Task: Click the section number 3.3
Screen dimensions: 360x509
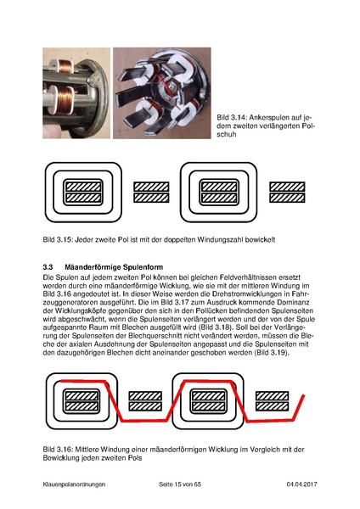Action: (48, 267)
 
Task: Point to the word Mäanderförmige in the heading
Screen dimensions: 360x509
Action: (93, 267)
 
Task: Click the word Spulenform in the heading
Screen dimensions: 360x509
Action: (143, 267)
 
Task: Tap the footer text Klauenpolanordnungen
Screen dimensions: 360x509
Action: (74, 484)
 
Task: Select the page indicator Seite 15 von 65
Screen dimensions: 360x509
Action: (180, 484)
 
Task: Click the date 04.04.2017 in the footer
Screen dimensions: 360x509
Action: (302, 484)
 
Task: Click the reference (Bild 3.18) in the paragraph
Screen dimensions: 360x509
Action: (249, 327)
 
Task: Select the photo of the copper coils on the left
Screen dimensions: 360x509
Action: (76, 93)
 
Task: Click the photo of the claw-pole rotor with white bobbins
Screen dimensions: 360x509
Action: (162, 93)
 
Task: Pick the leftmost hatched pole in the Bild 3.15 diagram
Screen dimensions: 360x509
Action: (83, 193)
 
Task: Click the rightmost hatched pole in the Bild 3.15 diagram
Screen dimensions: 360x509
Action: (287, 193)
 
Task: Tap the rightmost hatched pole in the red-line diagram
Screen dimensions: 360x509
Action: (272, 401)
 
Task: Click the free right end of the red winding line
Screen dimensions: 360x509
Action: (303, 395)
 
